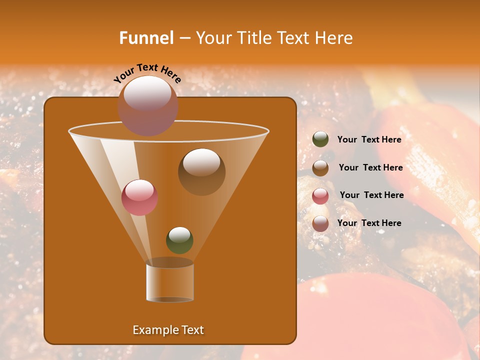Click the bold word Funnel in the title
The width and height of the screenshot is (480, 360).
146,38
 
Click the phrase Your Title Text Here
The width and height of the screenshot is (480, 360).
274,38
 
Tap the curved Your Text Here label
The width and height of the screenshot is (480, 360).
147,73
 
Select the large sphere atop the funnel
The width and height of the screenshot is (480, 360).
147,106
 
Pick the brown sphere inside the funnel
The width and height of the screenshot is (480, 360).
201,172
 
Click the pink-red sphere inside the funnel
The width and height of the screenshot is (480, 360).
139,197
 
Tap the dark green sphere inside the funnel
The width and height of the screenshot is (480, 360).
179,240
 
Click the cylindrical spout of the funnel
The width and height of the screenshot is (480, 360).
170,283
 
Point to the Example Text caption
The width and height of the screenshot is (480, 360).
168,330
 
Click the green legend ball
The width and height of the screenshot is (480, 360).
320,139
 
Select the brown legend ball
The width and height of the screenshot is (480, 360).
320,168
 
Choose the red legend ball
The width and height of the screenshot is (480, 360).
320,196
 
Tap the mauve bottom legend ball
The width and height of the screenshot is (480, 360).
320,223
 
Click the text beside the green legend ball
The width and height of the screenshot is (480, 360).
369,140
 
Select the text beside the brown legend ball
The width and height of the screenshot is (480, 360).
370,168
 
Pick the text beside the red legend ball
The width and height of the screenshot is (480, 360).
371,195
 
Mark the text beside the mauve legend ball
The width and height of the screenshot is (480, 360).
369,223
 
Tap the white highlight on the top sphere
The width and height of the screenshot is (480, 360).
147,93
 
